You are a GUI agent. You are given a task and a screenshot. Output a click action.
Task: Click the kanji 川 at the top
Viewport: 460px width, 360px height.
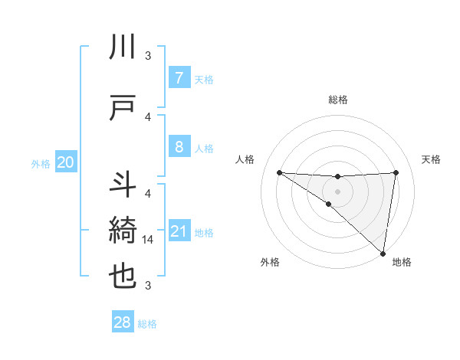tap(123, 47)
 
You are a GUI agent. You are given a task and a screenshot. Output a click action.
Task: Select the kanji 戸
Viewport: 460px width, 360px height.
tap(123, 108)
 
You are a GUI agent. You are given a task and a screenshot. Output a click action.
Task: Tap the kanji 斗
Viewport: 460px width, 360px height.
tap(123, 185)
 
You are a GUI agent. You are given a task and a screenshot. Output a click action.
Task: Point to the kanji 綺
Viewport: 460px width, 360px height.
tap(123, 231)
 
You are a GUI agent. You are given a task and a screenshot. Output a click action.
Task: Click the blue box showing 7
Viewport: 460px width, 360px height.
tap(179, 78)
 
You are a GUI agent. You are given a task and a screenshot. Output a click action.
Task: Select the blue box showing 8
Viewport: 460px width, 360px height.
tap(179, 146)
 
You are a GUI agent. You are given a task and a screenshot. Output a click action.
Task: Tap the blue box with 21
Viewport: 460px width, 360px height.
tap(179, 231)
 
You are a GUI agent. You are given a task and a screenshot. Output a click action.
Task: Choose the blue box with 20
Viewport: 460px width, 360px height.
tap(66, 162)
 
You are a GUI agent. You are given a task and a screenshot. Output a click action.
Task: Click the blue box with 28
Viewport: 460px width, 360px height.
tap(123, 322)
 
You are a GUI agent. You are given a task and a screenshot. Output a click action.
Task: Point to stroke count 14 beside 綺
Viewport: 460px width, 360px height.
tap(149, 239)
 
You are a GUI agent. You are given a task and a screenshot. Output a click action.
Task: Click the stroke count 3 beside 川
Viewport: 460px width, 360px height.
tap(148, 55)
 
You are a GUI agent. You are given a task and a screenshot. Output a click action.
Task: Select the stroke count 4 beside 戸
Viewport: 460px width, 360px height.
tap(148, 116)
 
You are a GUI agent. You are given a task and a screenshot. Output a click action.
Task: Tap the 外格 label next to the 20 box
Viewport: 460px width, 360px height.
tap(41, 163)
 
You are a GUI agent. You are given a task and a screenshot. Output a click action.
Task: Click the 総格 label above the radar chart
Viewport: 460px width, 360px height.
tap(337, 100)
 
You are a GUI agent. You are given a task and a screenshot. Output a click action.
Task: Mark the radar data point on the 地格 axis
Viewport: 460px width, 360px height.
tap(383, 253)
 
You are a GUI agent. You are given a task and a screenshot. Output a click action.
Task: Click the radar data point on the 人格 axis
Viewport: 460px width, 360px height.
tap(279, 172)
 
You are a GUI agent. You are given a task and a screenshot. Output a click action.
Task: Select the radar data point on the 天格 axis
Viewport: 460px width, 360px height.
tap(396, 172)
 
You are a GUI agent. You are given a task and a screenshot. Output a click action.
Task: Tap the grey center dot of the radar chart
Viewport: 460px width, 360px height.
tap(337, 190)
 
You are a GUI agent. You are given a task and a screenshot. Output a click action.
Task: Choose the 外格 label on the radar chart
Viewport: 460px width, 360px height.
tap(270, 262)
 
